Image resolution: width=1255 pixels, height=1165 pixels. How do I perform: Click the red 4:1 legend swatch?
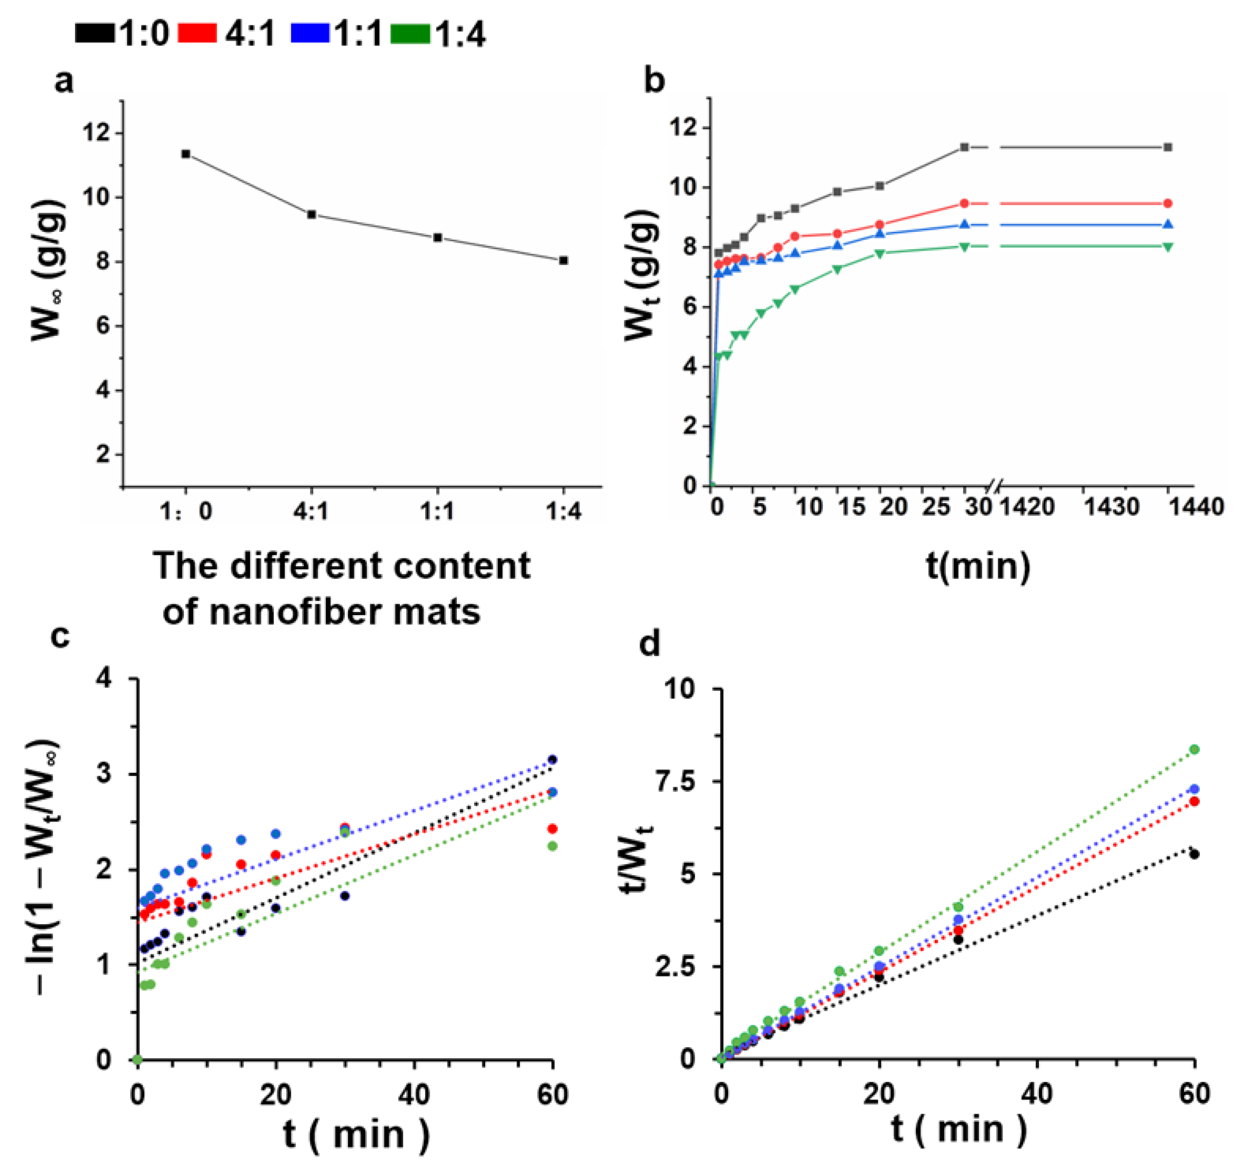[197, 33]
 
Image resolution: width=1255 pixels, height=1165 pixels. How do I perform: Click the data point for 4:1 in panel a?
[311, 214]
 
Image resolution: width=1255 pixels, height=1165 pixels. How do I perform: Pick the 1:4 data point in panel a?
[564, 260]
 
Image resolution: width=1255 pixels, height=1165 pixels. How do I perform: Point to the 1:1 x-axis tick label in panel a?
[437, 511]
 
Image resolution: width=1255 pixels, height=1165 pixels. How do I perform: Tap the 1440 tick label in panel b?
[1197, 506]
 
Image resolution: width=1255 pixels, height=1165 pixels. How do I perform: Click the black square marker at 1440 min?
[1168, 147]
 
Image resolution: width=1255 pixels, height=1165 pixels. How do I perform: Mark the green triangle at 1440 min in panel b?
[1168, 246]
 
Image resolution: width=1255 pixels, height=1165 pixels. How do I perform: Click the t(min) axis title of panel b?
[978, 566]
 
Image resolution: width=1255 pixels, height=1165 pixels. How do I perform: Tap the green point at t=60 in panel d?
[1194, 749]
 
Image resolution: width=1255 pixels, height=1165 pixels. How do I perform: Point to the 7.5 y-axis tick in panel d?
[684, 782]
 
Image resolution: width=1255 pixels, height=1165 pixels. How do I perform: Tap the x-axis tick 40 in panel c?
[414, 1095]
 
